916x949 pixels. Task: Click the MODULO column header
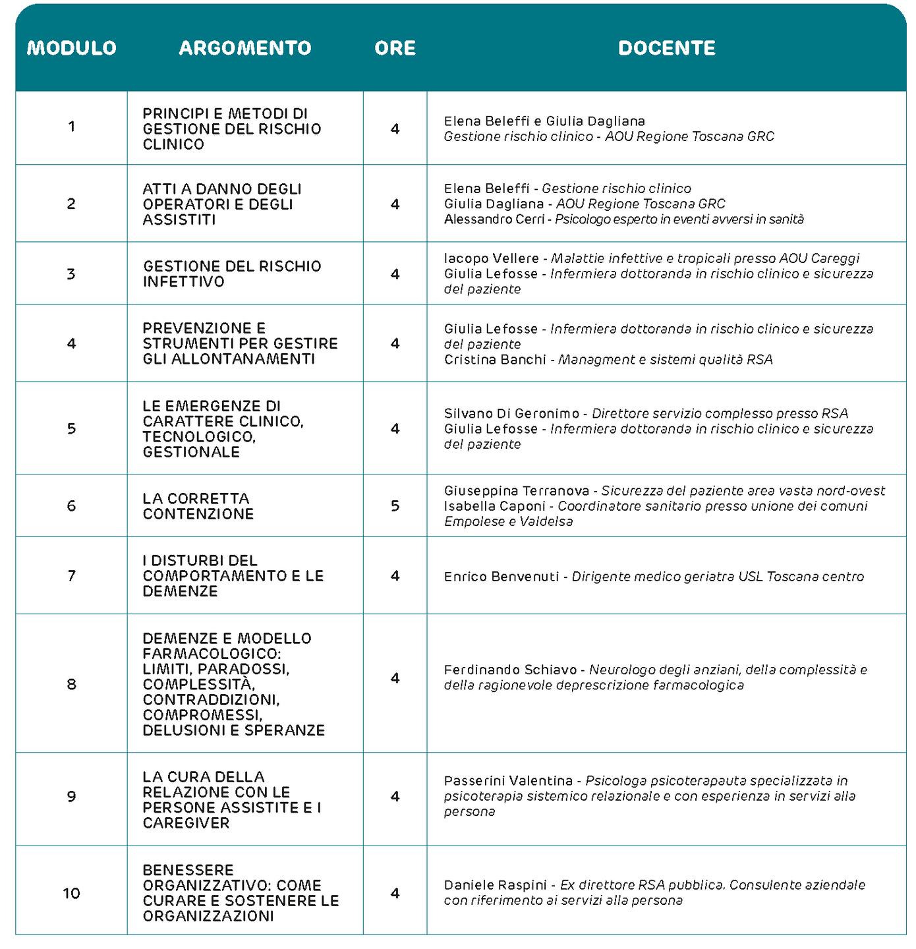click(x=71, y=48)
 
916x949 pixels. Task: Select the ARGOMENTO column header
click(x=245, y=48)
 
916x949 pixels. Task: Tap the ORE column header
click(x=395, y=48)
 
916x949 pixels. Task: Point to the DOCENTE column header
click(x=666, y=48)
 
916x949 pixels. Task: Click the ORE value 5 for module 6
click(x=395, y=506)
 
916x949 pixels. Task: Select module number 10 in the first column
click(x=71, y=894)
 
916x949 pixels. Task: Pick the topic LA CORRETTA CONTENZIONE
click(x=198, y=506)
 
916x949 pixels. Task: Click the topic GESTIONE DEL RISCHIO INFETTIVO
click(x=232, y=274)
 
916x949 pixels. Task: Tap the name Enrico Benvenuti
click(x=501, y=577)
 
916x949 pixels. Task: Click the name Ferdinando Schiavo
click(x=510, y=670)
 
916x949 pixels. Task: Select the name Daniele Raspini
click(x=496, y=885)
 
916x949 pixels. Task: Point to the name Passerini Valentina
click(x=508, y=781)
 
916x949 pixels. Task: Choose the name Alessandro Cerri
click(x=494, y=219)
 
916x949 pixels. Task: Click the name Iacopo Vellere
click(x=491, y=258)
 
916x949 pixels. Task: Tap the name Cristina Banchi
click(x=495, y=360)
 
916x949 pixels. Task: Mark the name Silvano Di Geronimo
click(x=511, y=414)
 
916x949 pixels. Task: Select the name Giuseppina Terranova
click(x=517, y=491)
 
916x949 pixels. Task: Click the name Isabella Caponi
click(x=494, y=506)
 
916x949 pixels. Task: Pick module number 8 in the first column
click(x=71, y=685)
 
